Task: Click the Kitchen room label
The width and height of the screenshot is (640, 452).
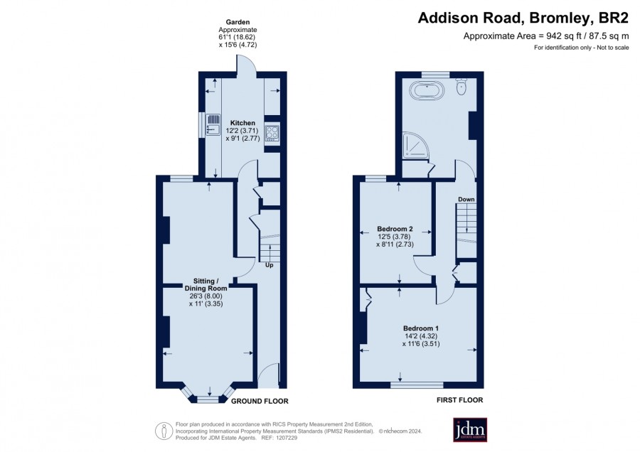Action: (x=242, y=123)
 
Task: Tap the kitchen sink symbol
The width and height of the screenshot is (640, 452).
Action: (x=213, y=124)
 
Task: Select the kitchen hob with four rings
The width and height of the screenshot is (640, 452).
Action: (x=272, y=133)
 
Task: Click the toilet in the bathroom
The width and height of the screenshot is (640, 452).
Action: (x=462, y=86)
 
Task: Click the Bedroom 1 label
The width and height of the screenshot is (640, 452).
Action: (x=421, y=328)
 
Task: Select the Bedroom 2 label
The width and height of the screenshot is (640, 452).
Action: (x=395, y=229)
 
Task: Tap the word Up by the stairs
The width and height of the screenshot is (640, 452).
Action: (x=269, y=265)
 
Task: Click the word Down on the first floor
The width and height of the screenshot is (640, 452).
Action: (x=466, y=199)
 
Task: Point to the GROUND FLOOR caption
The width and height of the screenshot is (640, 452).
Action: (x=260, y=402)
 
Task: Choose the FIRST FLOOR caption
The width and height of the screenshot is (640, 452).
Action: (x=459, y=400)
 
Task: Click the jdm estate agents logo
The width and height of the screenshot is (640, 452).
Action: (x=470, y=429)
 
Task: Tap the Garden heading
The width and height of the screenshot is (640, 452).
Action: (x=238, y=22)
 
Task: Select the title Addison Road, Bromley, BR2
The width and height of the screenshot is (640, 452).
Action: (x=523, y=18)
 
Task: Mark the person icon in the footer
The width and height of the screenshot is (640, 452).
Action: (x=164, y=431)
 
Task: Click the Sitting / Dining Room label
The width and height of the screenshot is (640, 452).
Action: (x=206, y=285)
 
